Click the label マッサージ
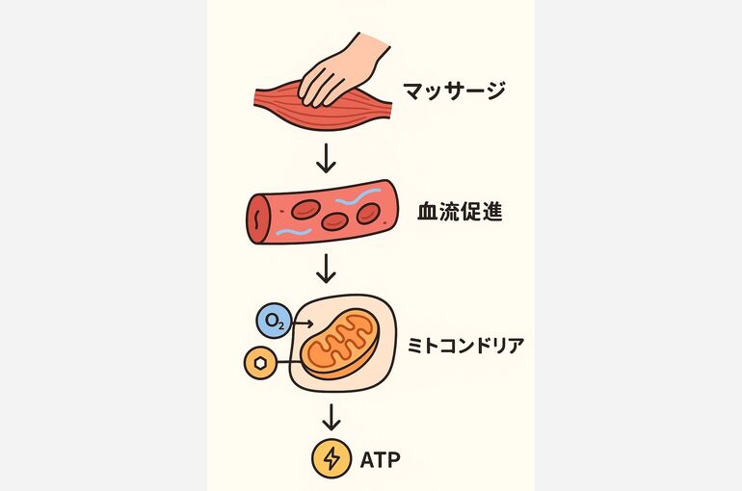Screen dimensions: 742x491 (x=454, y=90)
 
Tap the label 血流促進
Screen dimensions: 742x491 (x=460, y=212)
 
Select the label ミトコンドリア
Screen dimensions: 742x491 (x=465, y=346)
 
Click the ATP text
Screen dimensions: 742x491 (x=380, y=459)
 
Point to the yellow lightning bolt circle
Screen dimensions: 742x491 (x=331, y=458)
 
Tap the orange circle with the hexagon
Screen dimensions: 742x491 (x=260, y=363)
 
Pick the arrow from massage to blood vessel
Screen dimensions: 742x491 (x=326, y=158)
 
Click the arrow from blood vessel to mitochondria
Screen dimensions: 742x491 (x=326, y=268)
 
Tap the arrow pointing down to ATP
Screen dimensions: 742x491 (x=331, y=417)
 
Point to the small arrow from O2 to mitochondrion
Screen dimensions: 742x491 (x=303, y=323)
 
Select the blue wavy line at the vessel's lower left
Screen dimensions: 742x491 (x=294, y=232)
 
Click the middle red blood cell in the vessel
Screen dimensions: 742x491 (x=334, y=220)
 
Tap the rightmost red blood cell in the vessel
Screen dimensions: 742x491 (x=368, y=213)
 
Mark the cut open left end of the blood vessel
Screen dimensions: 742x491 (x=257, y=219)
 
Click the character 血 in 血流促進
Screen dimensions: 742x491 (x=427, y=212)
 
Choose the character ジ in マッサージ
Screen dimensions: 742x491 (x=493, y=90)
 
